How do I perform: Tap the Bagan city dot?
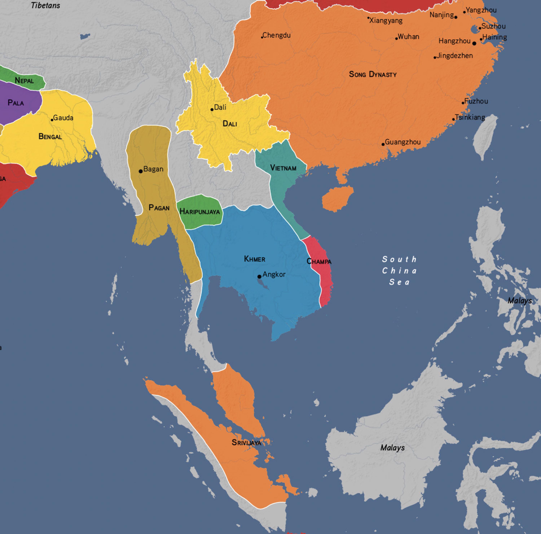pos(141,171)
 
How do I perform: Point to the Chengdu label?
pos(276,35)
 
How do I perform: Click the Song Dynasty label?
pos(372,74)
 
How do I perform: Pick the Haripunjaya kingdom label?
pos(200,212)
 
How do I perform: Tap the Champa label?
pos(319,261)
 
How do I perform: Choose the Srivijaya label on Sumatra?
pos(246,442)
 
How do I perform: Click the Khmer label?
pos(254,259)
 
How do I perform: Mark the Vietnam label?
pos(283,168)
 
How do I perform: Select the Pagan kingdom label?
pos(159,208)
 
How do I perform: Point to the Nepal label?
pos(24,81)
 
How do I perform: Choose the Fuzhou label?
pos(476,101)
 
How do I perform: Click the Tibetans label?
pos(45,5)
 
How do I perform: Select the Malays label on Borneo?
pos(392,448)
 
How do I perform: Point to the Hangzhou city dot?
pos(474,43)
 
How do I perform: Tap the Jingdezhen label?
pos(454,56)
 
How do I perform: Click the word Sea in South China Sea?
pos(399,282)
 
